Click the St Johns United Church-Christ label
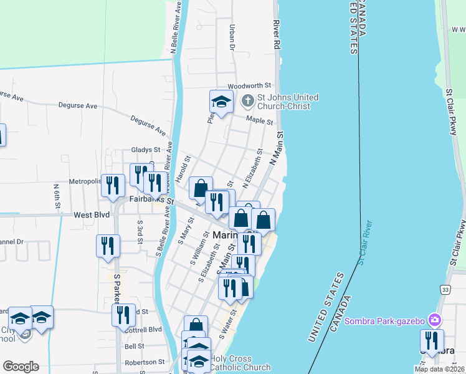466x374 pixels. [288, 102]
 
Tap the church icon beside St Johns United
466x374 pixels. [247, 100]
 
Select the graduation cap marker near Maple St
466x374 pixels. [221, 102]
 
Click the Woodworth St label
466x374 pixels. [250, 85]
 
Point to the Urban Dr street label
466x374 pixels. [232, 37]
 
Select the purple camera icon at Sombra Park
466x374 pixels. [435, 320]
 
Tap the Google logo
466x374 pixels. [21, 367]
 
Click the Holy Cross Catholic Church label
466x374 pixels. [240, 363]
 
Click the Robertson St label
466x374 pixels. [145, 362]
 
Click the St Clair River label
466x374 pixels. [365, 242]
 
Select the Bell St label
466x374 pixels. [135, 346]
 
